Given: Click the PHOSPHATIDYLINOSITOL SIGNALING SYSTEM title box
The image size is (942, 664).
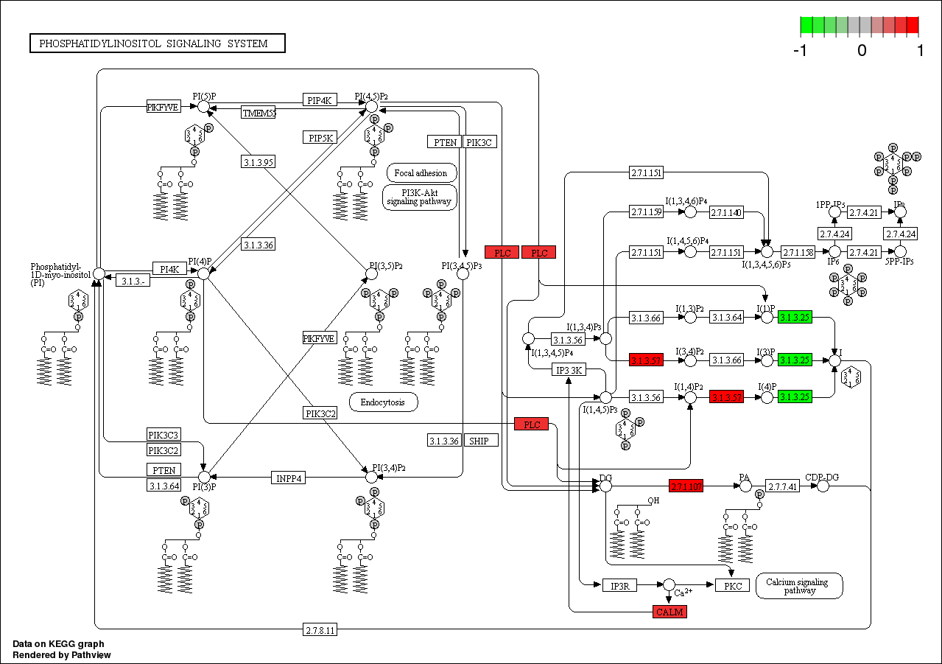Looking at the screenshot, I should [157, 43].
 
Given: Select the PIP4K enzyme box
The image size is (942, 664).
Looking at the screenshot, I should [320, 100].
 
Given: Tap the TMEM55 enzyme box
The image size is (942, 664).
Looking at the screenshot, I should [259, 113].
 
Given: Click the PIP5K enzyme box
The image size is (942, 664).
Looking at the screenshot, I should [320, 137].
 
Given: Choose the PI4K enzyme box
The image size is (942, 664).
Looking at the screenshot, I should [169, 268].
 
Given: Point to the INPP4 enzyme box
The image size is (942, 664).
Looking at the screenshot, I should [289, 478].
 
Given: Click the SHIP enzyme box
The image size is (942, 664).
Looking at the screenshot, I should [480, 440].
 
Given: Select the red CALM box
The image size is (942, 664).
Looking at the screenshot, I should [669, 612].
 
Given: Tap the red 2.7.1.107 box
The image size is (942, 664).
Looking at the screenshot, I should [686, 486].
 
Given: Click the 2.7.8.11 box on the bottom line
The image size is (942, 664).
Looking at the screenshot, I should [320, 629].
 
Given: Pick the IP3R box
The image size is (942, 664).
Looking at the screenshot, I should [619, 586].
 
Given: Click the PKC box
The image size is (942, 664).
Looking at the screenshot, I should [732, 586].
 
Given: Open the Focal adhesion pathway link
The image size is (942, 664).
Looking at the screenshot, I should [421, 173].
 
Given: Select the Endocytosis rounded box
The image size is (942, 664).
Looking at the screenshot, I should [383, 402].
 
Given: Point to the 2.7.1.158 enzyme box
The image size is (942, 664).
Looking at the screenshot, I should [797, 252].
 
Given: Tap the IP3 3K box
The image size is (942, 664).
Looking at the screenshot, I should [569, 370].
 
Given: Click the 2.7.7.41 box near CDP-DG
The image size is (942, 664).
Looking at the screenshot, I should [782, 486].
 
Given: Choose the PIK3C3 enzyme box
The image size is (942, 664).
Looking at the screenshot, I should [164, 434].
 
